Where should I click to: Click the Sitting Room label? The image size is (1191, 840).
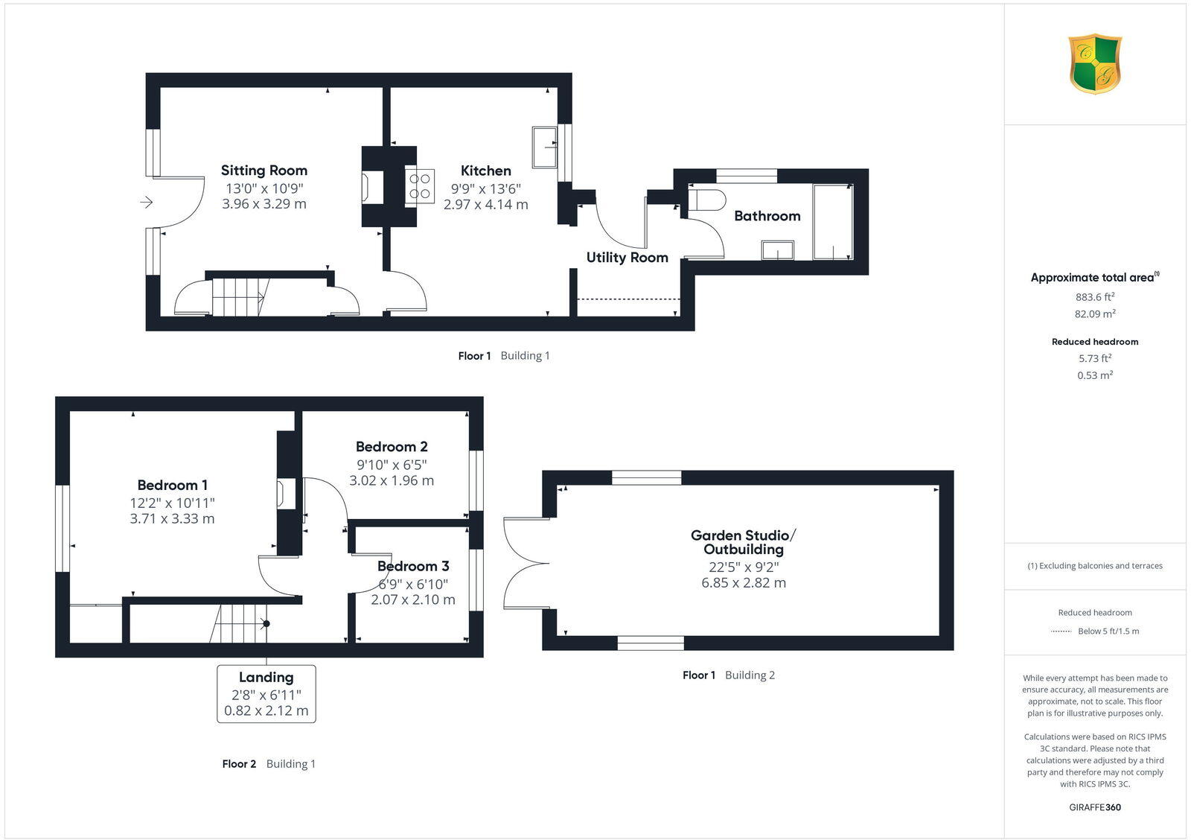click(x=264, y=171)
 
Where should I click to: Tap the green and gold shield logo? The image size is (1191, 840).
click(x=1095, y=64)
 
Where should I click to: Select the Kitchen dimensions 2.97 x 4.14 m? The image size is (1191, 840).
click(x=485, y=204)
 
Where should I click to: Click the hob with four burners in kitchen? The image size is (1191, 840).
click(x=420, y=185)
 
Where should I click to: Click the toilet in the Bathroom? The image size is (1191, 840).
click(x=706, y=201)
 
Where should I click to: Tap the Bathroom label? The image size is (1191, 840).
click(x=767, y=216)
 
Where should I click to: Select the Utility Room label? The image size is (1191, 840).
click(x=627, y=258)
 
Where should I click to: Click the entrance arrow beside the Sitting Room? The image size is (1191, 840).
click(x=146, y=202)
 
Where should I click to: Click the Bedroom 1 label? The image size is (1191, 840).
click(x=172, y=485)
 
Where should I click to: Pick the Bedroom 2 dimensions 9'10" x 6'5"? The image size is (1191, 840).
click(x=392, y=465)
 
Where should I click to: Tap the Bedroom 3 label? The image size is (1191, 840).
click(x=413, y=566)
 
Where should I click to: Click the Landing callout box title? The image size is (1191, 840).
click(x=266, y=678)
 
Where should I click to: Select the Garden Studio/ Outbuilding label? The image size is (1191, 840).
click(x=743, y=542)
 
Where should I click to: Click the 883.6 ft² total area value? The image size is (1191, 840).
click(x=1094, y=296)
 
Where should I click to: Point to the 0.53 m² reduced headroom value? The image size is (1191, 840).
click(x=1094, y=375)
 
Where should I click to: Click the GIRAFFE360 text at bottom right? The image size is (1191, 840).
click(x=1094, y=807)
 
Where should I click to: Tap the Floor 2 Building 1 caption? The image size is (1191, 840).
click(x=269, y=764)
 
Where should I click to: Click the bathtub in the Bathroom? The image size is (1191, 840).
click(x=832, y=222)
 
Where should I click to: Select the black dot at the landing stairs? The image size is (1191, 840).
click(x=266, y=624)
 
